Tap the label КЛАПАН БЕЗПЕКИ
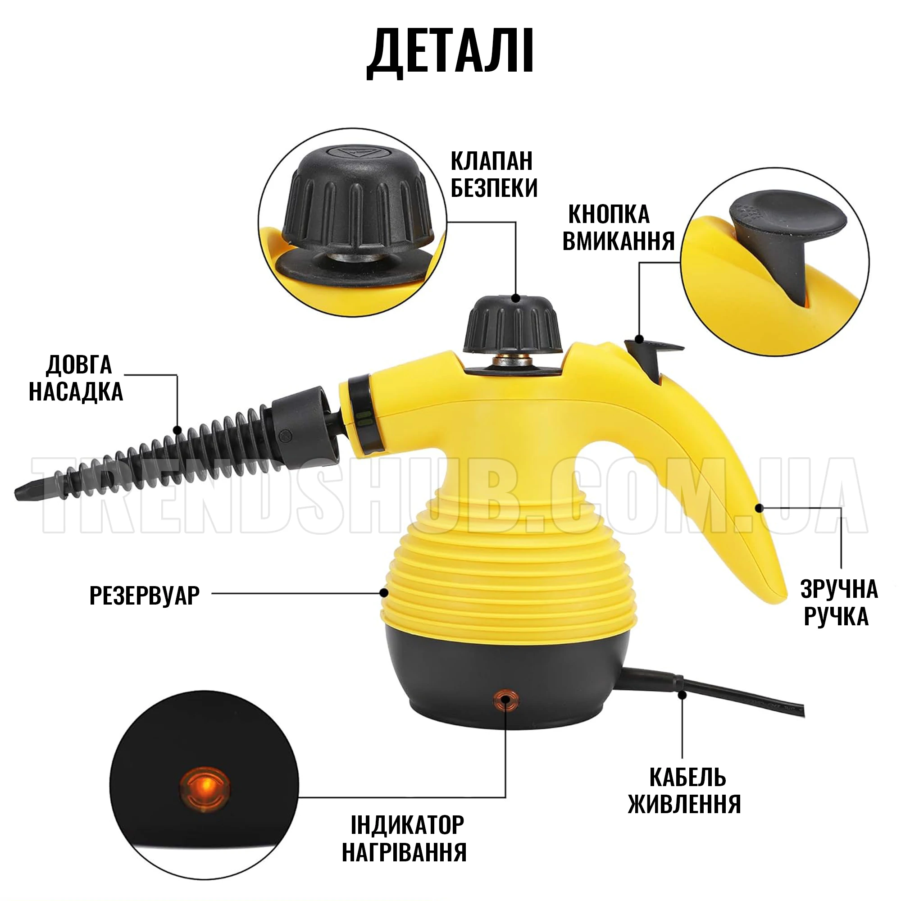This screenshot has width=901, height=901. click(494, 175)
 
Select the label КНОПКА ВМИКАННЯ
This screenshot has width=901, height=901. click(619, 228)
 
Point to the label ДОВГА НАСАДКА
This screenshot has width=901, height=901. click(77, 378)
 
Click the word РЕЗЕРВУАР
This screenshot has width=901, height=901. click(145, 595)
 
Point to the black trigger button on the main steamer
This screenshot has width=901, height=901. click(649, 359)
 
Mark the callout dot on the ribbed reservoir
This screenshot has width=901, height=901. click(384, 593)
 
